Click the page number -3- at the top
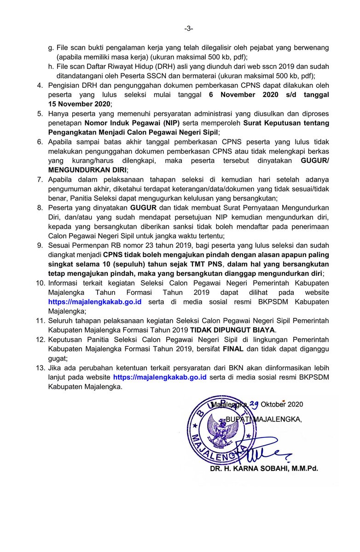[189, 29]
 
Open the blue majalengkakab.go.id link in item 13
[159, 377]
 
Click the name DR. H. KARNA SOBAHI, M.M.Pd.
[263, 469]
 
